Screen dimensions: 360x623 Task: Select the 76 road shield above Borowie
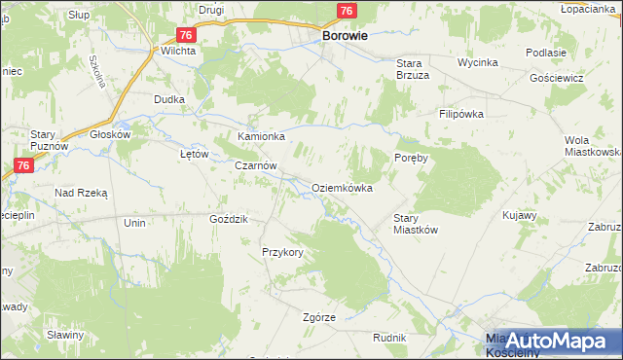coord(346,11)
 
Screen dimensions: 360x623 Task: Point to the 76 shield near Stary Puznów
coord(25,166)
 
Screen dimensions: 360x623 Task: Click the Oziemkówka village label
coord(342,188)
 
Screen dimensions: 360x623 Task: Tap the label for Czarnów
coord(256,166)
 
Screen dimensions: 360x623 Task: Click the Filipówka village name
coord(461,114)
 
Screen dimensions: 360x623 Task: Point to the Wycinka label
coord(478,62)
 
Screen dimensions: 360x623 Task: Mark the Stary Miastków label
coord(417,224)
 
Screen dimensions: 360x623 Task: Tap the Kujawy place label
coord(520,214)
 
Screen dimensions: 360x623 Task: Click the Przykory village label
coord(283,252)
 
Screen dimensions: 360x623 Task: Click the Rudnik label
coord(388,337)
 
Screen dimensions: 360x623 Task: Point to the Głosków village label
coord(110,135)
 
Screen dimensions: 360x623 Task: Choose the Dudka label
coord(169,99)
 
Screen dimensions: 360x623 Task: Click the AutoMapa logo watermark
coord(553,341)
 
